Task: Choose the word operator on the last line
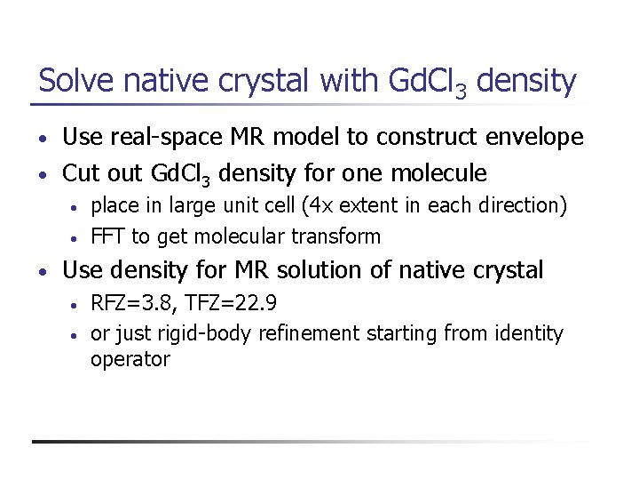pos(130,360)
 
